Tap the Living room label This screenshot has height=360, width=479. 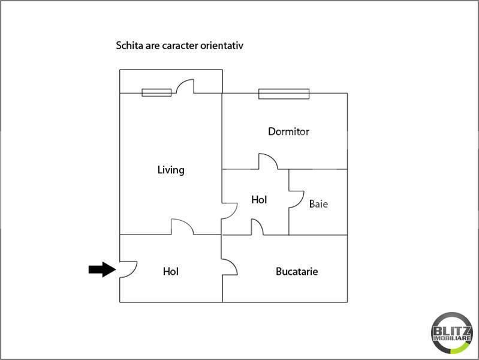coord(171,170)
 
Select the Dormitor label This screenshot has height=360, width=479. coord(288,131)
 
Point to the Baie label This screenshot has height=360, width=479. coord(318,204)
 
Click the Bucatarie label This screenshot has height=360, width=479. coord(297,271)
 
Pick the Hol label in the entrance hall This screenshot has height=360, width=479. coord(171,271)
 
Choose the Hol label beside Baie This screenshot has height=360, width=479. coord(259,200)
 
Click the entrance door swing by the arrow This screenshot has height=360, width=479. coord(128,270)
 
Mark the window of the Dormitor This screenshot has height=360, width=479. coord(284,94)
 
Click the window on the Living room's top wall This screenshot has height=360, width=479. coord(156,92)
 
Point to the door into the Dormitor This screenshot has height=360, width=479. coord(268,161)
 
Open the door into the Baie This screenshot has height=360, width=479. coord(296,199)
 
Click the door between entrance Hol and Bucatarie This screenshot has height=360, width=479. coord(230,268)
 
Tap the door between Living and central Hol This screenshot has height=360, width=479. coord(229,212)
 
